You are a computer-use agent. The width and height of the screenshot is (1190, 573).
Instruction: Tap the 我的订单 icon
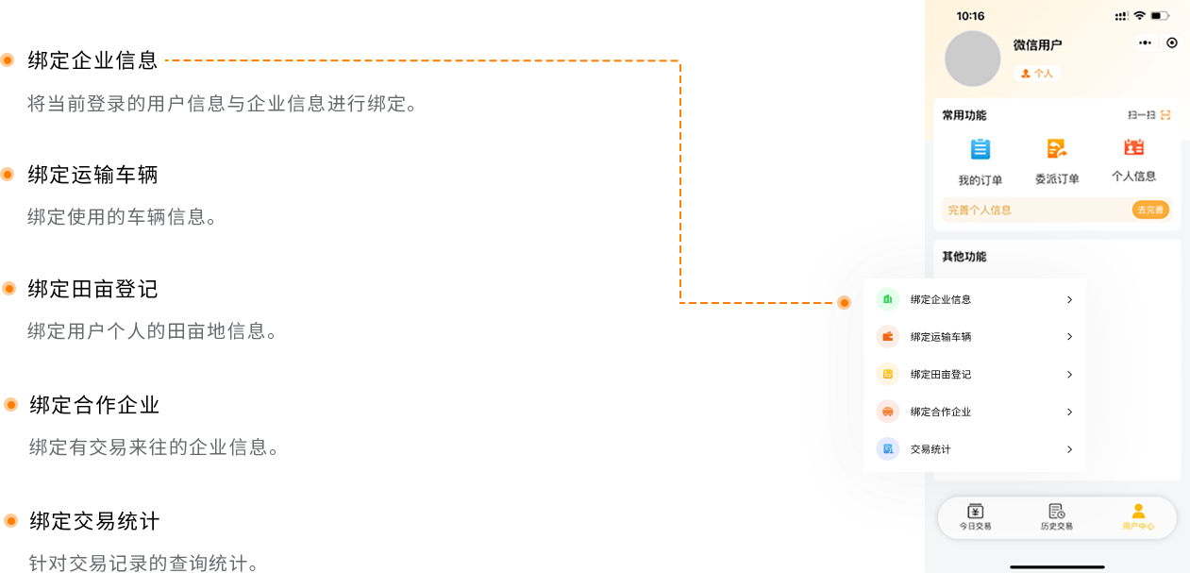980,149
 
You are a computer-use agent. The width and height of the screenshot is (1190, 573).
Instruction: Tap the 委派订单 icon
1057,148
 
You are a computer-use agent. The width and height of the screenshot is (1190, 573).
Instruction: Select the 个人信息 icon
1133,147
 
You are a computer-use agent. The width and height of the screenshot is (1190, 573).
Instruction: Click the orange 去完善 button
1150,210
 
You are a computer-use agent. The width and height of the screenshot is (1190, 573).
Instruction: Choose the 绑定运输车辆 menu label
940,337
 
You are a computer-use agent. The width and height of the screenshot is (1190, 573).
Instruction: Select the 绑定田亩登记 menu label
940,375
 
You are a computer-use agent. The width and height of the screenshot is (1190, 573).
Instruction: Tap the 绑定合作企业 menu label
940,413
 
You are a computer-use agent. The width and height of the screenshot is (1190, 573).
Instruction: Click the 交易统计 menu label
930,449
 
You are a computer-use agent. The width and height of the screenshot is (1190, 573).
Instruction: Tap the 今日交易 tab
976,516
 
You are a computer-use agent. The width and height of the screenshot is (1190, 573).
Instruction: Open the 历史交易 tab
1057,516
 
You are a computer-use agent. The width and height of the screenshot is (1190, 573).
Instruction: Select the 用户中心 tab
1138,516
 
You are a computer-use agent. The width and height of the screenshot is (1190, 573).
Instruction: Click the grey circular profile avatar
972,59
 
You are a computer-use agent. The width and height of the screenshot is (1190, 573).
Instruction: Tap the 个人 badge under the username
1037,73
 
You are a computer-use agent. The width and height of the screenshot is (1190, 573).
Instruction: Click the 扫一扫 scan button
1149,115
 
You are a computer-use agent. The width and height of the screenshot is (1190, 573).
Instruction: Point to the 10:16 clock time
970,16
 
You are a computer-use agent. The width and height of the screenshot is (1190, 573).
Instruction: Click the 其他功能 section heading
964,257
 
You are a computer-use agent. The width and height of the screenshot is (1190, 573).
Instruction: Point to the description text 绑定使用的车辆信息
122,217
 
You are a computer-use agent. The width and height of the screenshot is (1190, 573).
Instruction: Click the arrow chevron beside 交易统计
1069,449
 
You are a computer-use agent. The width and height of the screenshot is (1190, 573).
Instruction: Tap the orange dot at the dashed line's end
844,302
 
